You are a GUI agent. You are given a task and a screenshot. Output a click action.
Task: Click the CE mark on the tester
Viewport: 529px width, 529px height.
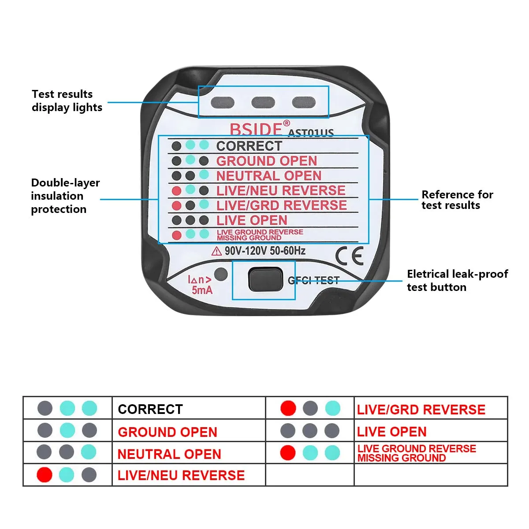pyautogui.click(x=349, y=256)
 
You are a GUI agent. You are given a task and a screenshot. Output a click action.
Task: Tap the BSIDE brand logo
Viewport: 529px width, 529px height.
pyautogui.click(x=256, y=129)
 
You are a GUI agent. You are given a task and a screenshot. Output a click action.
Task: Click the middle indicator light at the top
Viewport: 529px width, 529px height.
pyautogui.click(x=263, y=103)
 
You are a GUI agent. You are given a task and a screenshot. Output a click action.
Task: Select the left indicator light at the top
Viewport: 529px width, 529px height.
pyautogui.click(x=223, y=103)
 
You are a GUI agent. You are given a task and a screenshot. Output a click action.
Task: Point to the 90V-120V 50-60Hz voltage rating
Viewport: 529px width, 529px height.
pyautogui.click(x=265, y=251)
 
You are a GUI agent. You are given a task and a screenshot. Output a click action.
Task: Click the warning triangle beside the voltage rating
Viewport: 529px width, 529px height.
pyautogui.click(x=216, y=251)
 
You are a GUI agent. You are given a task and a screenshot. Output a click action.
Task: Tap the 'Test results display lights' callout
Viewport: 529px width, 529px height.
pyautogui.click(x=67, y=101)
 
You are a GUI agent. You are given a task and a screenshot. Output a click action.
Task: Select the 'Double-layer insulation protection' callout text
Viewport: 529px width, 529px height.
pyautogui.click(x=65, y=196)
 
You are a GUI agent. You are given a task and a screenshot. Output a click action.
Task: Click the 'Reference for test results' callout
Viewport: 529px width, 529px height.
pyautogui.click(x=457, y=200)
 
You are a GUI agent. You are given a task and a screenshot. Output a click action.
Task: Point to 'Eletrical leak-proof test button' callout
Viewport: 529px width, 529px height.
pyautogui.click(x=457, y=280)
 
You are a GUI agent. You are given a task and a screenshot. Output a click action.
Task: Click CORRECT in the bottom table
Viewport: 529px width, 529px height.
pyautogui.click(x=150, y=409)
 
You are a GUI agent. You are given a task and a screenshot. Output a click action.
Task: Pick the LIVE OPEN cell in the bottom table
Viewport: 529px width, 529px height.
pyautogui.click(x=391, y=432)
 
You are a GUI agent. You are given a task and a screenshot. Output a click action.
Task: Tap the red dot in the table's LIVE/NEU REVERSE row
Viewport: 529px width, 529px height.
pyautogui.click(x=45, y=475)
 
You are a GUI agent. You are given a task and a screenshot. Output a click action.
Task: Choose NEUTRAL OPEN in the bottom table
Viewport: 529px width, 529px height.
pyautogui.click(x=169, y=454)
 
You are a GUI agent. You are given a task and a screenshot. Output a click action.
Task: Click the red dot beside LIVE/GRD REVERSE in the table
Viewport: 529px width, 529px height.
pyautogui.click(x=288, y=408)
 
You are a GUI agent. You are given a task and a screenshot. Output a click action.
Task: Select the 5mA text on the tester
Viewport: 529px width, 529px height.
pyautogui.click(x=202, y=290)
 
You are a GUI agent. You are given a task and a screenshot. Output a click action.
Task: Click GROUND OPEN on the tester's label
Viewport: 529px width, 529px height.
pyautogui.click(x=267, y=160)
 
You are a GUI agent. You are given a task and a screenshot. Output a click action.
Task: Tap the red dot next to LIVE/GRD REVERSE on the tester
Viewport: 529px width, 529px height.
pyautogui.click(x=176, y=205)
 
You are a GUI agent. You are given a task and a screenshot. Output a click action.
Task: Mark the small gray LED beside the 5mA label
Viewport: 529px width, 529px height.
pyautogui.click(x=221, y=274)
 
